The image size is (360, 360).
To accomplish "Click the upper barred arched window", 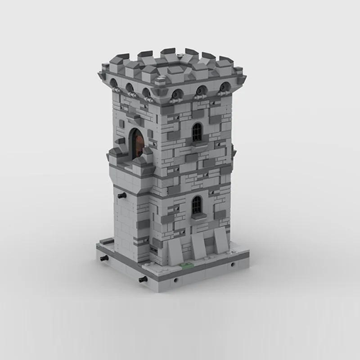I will [x=197, y=132].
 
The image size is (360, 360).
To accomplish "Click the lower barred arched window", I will [x=197, y=205].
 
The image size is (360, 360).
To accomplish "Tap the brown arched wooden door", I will [x=137, y=143].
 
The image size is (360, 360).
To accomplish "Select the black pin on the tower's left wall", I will [x=121, y=196].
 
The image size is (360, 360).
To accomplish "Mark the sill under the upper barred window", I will [x=197, y=144].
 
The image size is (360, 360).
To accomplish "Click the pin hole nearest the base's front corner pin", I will [x=175, y=280].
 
